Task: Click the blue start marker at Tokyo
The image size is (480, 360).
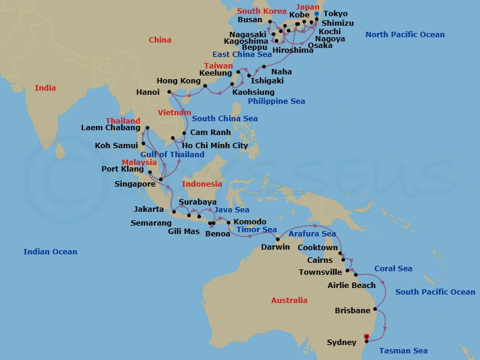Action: coord(316,14)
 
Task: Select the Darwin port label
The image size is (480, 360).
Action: coord(275,247)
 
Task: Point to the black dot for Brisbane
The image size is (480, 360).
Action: coord(376,310)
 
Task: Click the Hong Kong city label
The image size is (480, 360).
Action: coord(178,81)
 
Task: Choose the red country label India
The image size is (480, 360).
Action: coord(45,88)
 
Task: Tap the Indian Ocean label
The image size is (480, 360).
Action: coord(50,252)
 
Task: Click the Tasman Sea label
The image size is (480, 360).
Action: coord(403,351)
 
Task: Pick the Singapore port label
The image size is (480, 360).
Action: coord(136,184)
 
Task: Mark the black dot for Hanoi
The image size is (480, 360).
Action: coord(170,92)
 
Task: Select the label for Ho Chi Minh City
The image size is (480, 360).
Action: coord(215,146)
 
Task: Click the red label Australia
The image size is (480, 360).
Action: coord(289,301)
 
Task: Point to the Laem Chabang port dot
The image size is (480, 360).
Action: coord(147,128)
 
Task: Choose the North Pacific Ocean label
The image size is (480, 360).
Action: coord(405,35)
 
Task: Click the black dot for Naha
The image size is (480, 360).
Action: coord(264,67)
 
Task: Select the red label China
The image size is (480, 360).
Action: coord(160,40)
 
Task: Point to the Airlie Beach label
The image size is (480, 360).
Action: coord(352,286)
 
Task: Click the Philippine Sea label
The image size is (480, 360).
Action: coord(276,101)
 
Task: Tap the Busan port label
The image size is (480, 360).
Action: coord(250,20)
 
